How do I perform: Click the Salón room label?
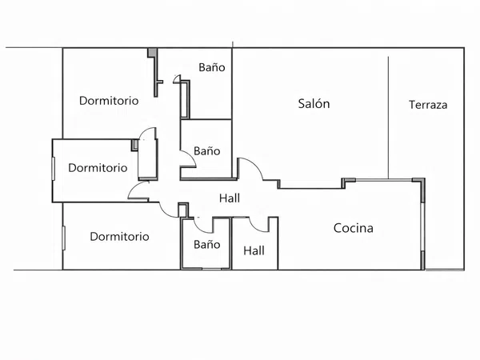coord(314,103)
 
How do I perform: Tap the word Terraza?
coord(428,105)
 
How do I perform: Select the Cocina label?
coord(354,228)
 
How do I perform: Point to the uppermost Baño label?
coord(212,67)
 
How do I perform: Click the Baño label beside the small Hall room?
coord(207,244)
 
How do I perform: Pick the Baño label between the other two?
coord(207,150)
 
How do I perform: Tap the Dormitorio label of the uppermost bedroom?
coord(109,101)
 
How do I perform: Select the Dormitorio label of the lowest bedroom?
coord(119,236)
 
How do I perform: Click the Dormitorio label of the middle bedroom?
coord(98,167)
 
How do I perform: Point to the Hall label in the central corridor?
coord(230,198)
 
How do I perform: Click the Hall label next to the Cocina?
coord(254,250)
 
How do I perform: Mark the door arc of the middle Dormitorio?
coord(134,187)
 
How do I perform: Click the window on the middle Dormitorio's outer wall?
coord(54,168)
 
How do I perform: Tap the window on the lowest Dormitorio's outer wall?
coord(64,238)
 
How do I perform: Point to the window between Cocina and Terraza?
coord(422,227)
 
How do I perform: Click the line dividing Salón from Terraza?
coord(389,118)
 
